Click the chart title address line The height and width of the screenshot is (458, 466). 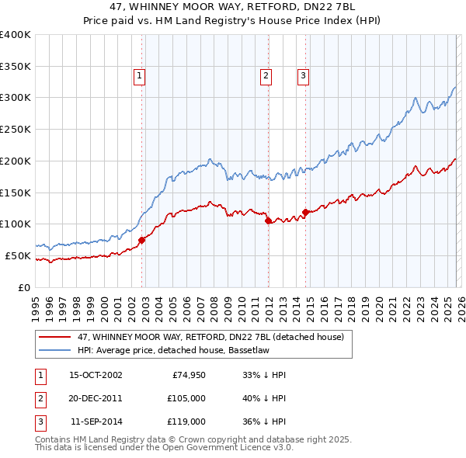click(x=233, y=7)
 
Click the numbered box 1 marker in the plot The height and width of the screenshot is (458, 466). click(x=139, y=75)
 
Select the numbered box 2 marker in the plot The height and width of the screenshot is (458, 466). click(x=266, y=75)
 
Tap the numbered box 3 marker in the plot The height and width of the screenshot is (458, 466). click(x=302, y=75)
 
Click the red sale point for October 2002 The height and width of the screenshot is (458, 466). click(x=142, y=240)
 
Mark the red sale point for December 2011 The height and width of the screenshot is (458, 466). click(x=268, y=220)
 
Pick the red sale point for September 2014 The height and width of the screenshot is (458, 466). click(x=305, y=212)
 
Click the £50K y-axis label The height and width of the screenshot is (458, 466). click(x=18, y=255)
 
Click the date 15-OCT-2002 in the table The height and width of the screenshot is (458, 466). click(x=96, y=375)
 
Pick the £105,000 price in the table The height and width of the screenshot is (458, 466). click(x=186, y=398)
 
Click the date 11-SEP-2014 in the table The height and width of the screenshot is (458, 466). click(x=96, y=422)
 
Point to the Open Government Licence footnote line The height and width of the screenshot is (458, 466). click(x=164, y=448)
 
